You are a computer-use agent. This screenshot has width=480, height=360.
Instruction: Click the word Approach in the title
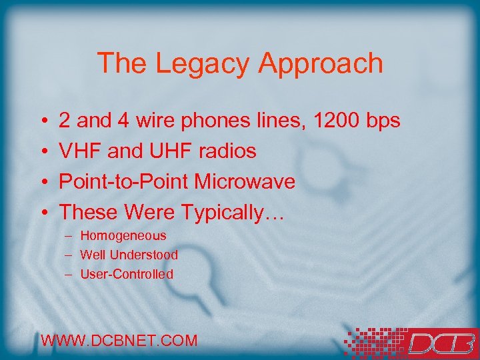point(321,64)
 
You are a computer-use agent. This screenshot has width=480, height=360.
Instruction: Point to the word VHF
point(81,151)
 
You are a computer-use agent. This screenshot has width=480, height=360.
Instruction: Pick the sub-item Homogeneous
point(123,235)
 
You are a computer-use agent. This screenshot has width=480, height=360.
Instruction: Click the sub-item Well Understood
point(129,255)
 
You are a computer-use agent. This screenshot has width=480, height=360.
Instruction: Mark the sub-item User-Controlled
point(127,274)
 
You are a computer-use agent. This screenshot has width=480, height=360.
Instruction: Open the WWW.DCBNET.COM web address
point(119,341)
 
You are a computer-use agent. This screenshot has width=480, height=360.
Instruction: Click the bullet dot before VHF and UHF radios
point(43,152)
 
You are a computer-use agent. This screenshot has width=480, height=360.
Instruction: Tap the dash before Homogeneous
point(69,236)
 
